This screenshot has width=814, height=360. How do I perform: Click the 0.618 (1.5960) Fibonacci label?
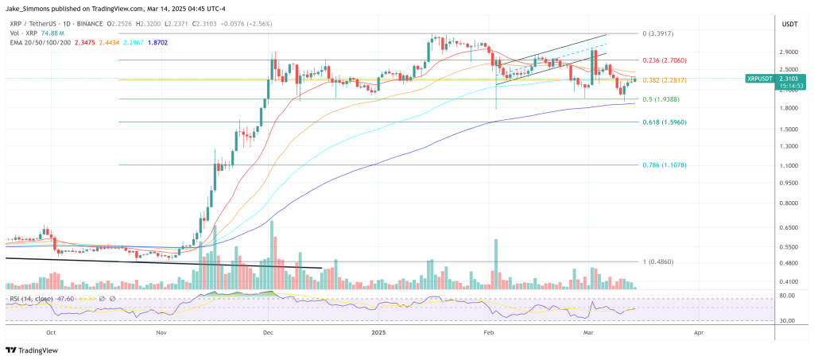[x=664, y=122]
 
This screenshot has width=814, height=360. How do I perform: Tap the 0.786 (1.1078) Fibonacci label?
[x=664, y=165]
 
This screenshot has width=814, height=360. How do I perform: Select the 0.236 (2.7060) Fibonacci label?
[x=664, y=60]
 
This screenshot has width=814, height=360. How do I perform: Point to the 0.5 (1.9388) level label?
[x=661, y=99]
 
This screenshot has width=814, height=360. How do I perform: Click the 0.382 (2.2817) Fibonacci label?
[x=664, y=80]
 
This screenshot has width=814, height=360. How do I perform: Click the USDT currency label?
[x=789, y=24]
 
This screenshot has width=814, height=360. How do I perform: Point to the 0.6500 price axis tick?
[x=790, y=227]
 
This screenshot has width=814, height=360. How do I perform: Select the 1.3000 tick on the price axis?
[x=790, y=146]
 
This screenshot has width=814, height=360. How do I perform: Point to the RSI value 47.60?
[x=67, y=299]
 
